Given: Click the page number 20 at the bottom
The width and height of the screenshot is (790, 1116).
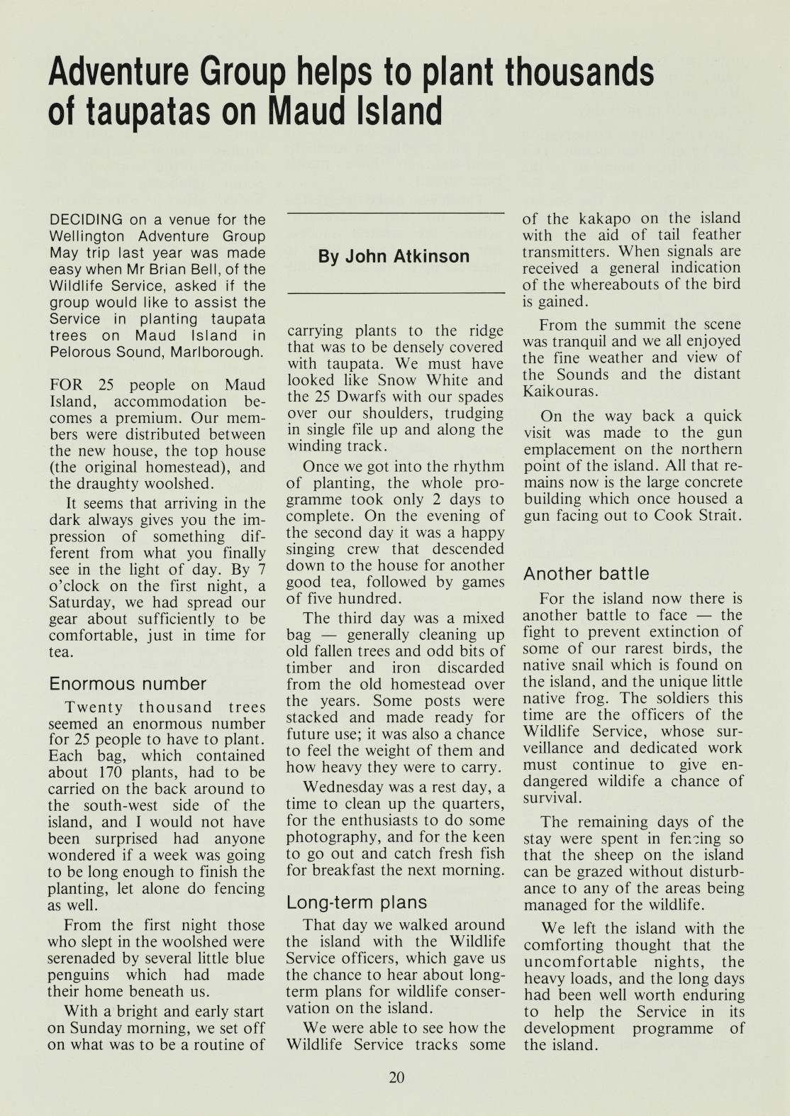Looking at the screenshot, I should [396, 1078].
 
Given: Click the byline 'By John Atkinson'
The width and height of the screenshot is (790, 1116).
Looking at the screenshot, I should [394, 256].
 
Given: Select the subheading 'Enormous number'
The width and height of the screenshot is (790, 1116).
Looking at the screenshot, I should [128, 684].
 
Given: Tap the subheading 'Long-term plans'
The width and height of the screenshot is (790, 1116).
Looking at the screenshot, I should [357, 902].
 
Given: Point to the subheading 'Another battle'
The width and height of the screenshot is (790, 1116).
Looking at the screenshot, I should [586, 573].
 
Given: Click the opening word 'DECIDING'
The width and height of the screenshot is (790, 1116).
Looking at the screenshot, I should [86, 220].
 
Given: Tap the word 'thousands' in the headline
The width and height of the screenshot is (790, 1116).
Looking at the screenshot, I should [579, 72].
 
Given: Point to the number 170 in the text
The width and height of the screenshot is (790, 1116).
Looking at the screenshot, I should [109, 773].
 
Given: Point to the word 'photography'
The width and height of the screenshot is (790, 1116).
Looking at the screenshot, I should [333, 837].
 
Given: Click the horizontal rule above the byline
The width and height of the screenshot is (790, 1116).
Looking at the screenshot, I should [395, 213].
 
